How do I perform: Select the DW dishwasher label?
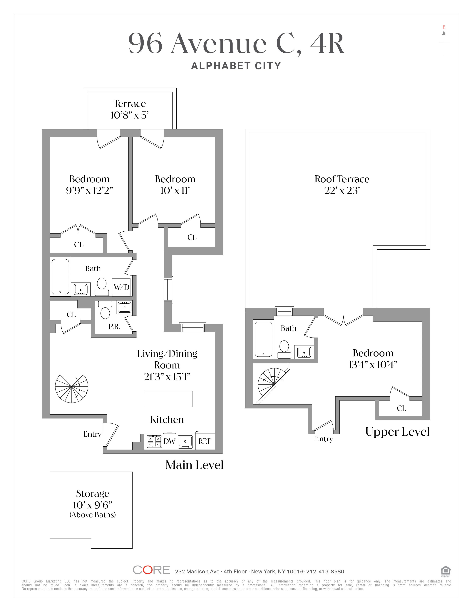pos(169,441)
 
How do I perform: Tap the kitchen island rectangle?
pos(168,399)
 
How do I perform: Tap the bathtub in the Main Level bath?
pos(60,277)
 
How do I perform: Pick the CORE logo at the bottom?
pos(151,570)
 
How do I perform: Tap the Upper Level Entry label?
pos(324,439)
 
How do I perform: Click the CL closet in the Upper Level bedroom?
pos(401,408)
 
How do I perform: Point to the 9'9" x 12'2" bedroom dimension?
pos(89,191)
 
